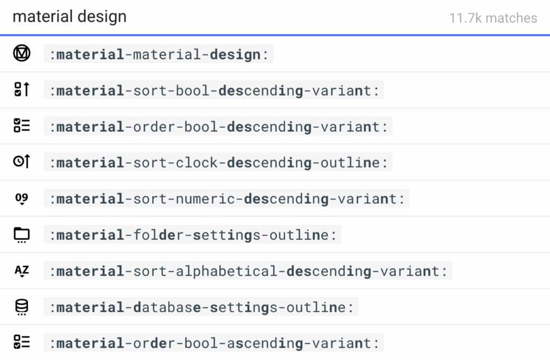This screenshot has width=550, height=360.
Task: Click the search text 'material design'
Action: tap(69, 17)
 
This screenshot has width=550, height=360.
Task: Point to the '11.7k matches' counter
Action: tap(493, 18)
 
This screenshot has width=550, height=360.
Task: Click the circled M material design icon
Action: tap(21, 54)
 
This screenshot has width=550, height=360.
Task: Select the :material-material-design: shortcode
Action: tap(158, 54)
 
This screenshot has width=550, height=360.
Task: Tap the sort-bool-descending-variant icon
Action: tap(21, 90)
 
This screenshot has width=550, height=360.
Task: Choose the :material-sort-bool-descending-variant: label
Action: tap(214, 90)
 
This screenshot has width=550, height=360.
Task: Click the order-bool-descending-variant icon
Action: tap(21, 126)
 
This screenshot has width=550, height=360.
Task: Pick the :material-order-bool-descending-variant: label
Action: tap(218, 127)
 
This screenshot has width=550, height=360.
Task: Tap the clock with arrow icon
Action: tap(21, 161)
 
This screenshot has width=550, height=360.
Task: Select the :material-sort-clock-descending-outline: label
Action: tap(218, 162)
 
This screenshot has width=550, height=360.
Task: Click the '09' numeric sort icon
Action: tap(21, 199)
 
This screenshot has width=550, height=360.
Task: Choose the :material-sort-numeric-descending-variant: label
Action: tap(227, 199)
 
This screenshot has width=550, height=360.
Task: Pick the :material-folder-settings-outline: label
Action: tap(193, 235)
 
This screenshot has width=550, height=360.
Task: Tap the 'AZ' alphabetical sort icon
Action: tap(21, 271)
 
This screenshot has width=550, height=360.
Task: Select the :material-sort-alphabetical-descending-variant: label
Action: tap(248, 271)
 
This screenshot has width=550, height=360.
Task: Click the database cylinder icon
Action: tap(21, 307)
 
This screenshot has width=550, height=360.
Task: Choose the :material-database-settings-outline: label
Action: tap(201, 307)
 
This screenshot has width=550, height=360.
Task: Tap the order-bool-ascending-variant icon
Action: tap(21, 342)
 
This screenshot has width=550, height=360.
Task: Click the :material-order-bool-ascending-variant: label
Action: tap(214, 343)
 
